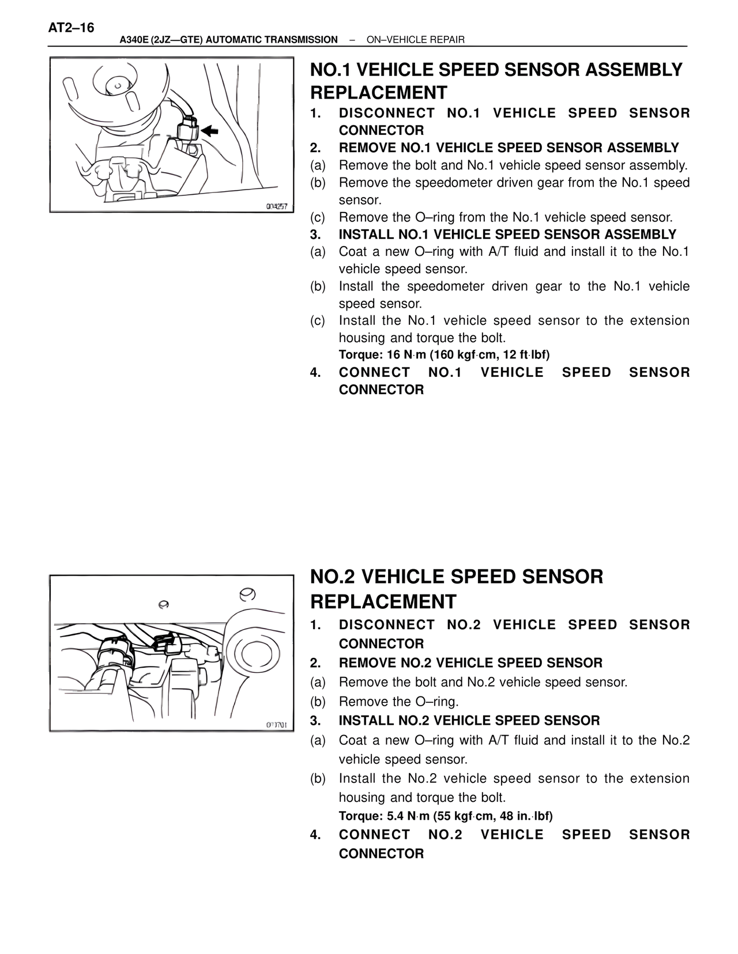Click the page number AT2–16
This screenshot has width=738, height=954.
pos(71,28)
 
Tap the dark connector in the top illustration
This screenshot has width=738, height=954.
pos(188,129)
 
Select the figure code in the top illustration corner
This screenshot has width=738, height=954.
pos(277,206)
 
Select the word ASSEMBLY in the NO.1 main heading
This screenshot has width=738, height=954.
pos(634,70)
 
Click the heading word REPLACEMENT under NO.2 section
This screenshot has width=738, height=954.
pos(383,601)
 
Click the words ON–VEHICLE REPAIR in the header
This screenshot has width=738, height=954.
pos(415,40)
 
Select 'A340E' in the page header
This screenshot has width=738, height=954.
pos(133,40)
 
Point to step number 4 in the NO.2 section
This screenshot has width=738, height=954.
pos(315,835)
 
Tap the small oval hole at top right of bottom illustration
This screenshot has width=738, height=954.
pos(247,594)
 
